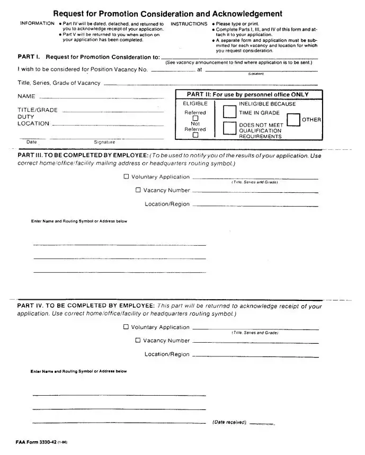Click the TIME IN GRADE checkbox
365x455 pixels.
click(229, 112)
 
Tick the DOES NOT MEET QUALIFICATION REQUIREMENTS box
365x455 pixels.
click(229, 129)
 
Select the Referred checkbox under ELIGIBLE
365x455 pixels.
click(195, 118)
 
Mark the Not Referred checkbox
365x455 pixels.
click(195, 135)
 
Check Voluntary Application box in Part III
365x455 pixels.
click(126, 177)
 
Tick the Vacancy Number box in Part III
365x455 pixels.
click(138, 190)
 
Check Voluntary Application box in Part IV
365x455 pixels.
click(126, 327)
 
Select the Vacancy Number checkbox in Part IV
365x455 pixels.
click(138, 341)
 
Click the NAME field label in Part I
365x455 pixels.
click(26, 96)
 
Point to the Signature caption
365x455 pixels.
click(104, 142)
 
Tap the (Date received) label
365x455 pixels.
click(229, 422)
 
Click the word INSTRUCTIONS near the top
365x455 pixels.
click(189, 24)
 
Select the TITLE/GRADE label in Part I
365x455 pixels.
click(38, 110)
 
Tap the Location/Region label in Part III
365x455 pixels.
click(167, 204)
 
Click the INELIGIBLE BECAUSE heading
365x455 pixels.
click(268, 104)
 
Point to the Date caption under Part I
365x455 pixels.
click(32, 142)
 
